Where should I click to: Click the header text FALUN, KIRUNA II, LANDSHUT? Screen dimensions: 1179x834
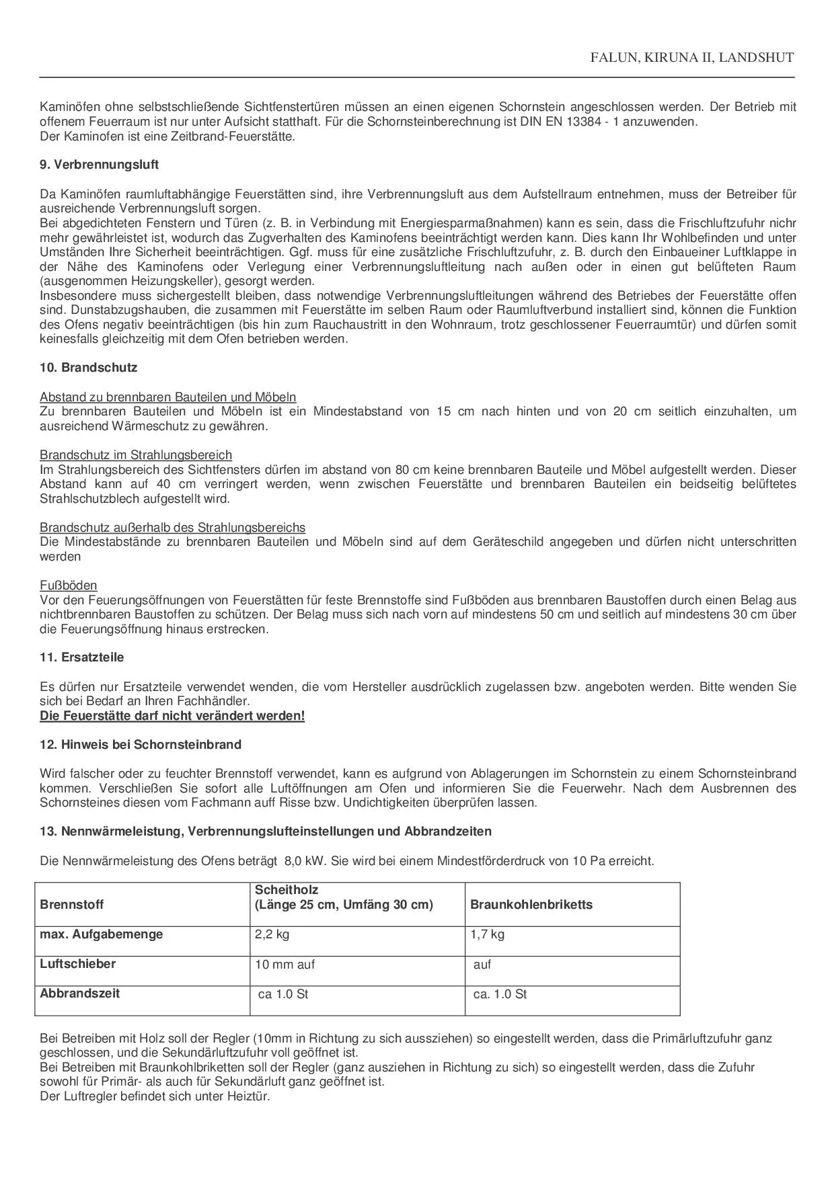[x=691, y=58]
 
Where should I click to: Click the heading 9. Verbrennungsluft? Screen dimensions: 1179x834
[x=99, y=165]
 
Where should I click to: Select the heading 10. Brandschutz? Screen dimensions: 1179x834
[x=88, y=368]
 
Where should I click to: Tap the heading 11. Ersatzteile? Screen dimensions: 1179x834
[x=81, y=657]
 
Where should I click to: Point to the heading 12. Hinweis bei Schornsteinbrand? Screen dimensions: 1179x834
[x=140, y=745]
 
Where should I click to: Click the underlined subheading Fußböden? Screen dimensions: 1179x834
[x=68, y=585]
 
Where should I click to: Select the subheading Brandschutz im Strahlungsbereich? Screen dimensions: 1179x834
[x=135, y=455]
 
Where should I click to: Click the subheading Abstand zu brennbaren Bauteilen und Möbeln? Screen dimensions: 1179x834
[x=167, y=397]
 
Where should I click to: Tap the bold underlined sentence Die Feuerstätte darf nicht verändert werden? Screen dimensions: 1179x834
[x=172, y=716]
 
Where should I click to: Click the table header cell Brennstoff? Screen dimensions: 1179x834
[x=72, y=905]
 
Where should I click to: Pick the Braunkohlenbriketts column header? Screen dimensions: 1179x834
[x=531, y=905]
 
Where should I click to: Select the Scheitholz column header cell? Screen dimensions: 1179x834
[x=343, y=897]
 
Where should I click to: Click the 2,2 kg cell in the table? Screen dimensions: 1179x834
[x=272, y=934]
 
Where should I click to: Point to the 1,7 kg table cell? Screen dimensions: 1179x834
[x=488, y=934]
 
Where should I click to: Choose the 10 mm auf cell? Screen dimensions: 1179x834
[x=285, y=965]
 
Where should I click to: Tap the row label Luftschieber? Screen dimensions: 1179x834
[x=77, y=964]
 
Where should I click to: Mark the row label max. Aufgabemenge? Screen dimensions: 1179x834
[x=101, y=934]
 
